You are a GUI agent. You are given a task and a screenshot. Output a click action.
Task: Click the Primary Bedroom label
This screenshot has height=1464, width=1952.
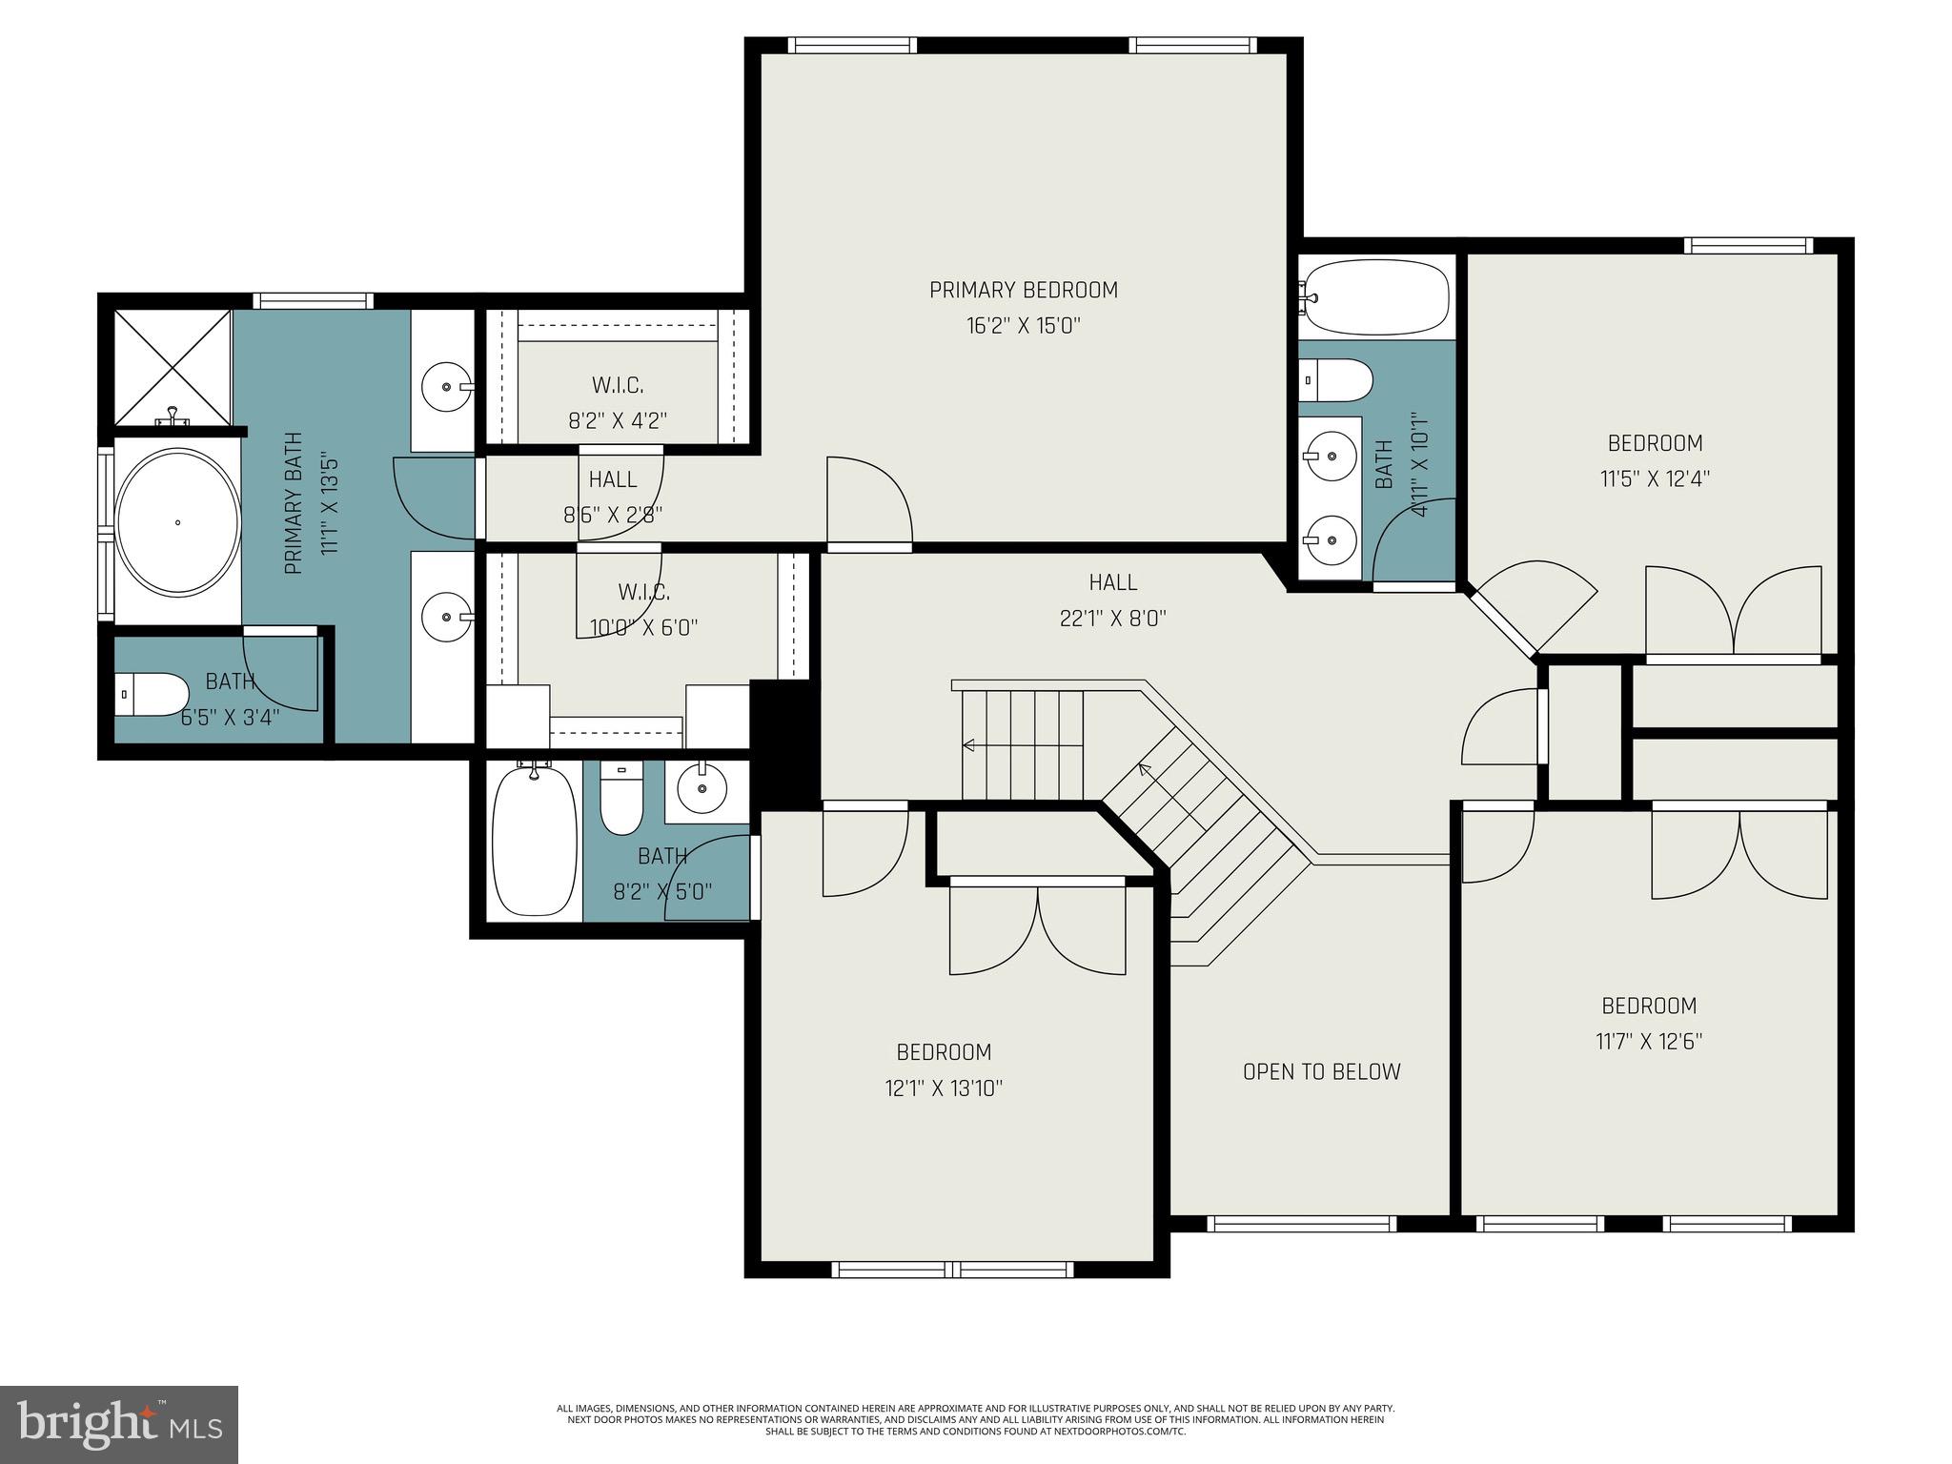(x=1023, y=290)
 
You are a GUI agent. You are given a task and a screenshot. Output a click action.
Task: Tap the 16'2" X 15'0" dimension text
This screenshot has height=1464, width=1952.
(x=1023, y=326)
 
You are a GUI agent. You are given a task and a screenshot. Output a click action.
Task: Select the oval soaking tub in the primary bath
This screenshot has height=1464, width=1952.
(x=177, y=522)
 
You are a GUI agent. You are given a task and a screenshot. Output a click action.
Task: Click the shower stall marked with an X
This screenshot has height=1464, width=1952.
(x=173, y=367)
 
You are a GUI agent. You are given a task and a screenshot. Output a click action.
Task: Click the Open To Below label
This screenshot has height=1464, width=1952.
(x=1321, y=1071)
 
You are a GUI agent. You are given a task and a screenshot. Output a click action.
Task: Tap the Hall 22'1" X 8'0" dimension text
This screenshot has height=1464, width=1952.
(x=1112, y=619)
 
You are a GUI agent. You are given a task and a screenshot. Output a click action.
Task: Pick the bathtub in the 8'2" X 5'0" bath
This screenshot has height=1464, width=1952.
(x=534, y=842)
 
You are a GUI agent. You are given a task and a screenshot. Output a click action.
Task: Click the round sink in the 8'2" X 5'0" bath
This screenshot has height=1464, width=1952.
(x=702, y=788)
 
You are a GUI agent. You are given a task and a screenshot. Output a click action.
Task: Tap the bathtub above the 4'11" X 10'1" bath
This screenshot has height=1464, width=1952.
(x=1375, y=296)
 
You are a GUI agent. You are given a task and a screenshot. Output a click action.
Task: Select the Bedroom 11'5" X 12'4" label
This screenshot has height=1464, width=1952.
(x=1655, y=443)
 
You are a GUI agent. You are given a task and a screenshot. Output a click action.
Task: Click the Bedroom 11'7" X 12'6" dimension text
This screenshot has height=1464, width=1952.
(x=1649, y=1042)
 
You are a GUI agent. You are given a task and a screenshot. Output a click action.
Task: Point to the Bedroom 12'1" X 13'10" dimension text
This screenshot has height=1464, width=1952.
(x=944, y=1088)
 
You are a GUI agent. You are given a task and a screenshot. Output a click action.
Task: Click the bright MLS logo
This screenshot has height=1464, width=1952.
(x=119, y=1424)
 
